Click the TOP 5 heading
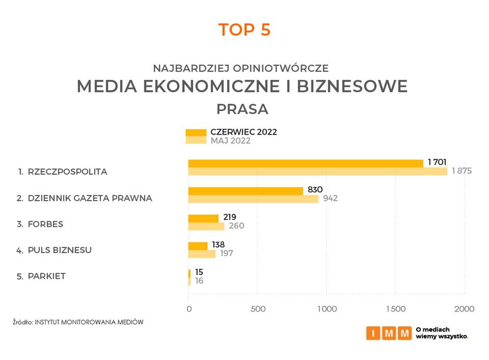244,30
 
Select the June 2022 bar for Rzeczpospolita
306,163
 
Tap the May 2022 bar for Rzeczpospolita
317,172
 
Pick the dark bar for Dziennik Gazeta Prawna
246,191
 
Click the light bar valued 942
253,199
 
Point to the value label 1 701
437,162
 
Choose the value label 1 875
461,171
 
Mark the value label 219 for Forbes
230,217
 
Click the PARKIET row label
47,276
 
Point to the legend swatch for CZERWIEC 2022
196,132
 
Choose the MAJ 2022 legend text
230,141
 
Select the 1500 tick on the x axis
395,309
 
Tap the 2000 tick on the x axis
464,309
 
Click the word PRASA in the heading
242,109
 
